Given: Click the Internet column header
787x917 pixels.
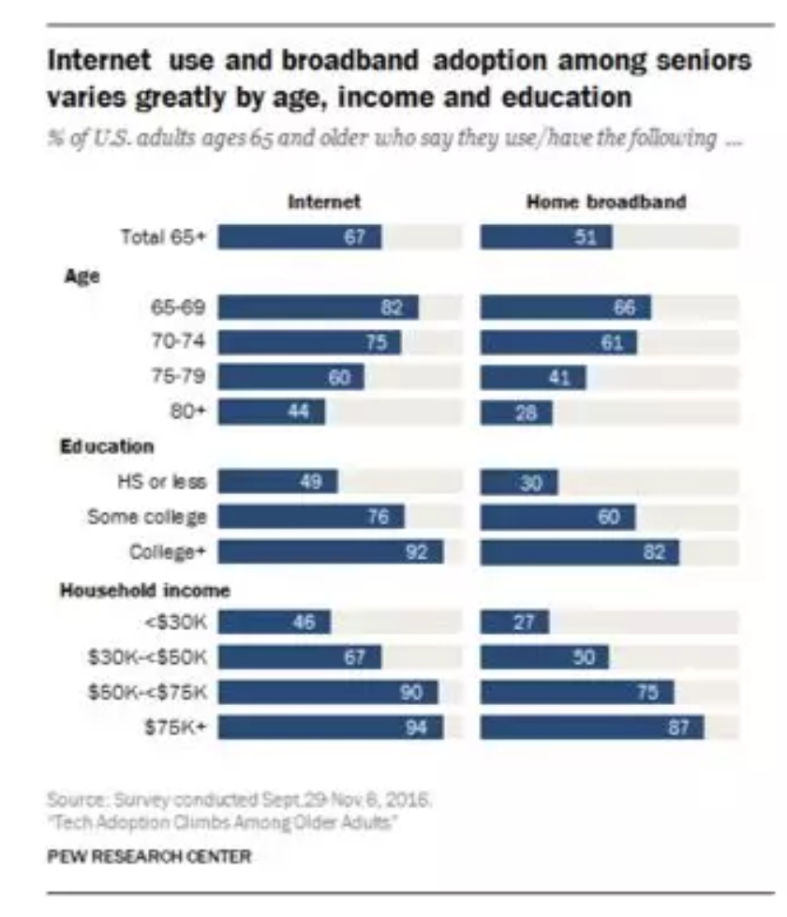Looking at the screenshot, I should [x=324, y=203].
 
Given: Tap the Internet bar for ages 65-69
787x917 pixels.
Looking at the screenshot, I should [x=319, y=308].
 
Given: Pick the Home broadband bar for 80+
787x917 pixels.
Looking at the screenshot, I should [x=516, y=413].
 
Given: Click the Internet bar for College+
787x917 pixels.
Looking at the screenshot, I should [x=331, y=552].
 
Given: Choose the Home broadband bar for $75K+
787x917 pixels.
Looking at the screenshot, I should [x=592, y=727].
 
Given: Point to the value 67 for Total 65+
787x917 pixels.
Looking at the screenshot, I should [x=353, y=237].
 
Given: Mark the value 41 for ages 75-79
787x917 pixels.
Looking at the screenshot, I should [x=558, y=377].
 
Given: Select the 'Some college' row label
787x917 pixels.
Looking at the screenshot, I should [x=146, y=517].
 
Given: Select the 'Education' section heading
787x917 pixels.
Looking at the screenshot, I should [x=106, y=447].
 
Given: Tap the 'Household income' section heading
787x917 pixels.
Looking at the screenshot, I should [x=144, y=590].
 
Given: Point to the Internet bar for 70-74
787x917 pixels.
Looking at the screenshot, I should [x=310, y=342].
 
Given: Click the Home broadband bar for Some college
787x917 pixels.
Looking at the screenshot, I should [x=557, y=517].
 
